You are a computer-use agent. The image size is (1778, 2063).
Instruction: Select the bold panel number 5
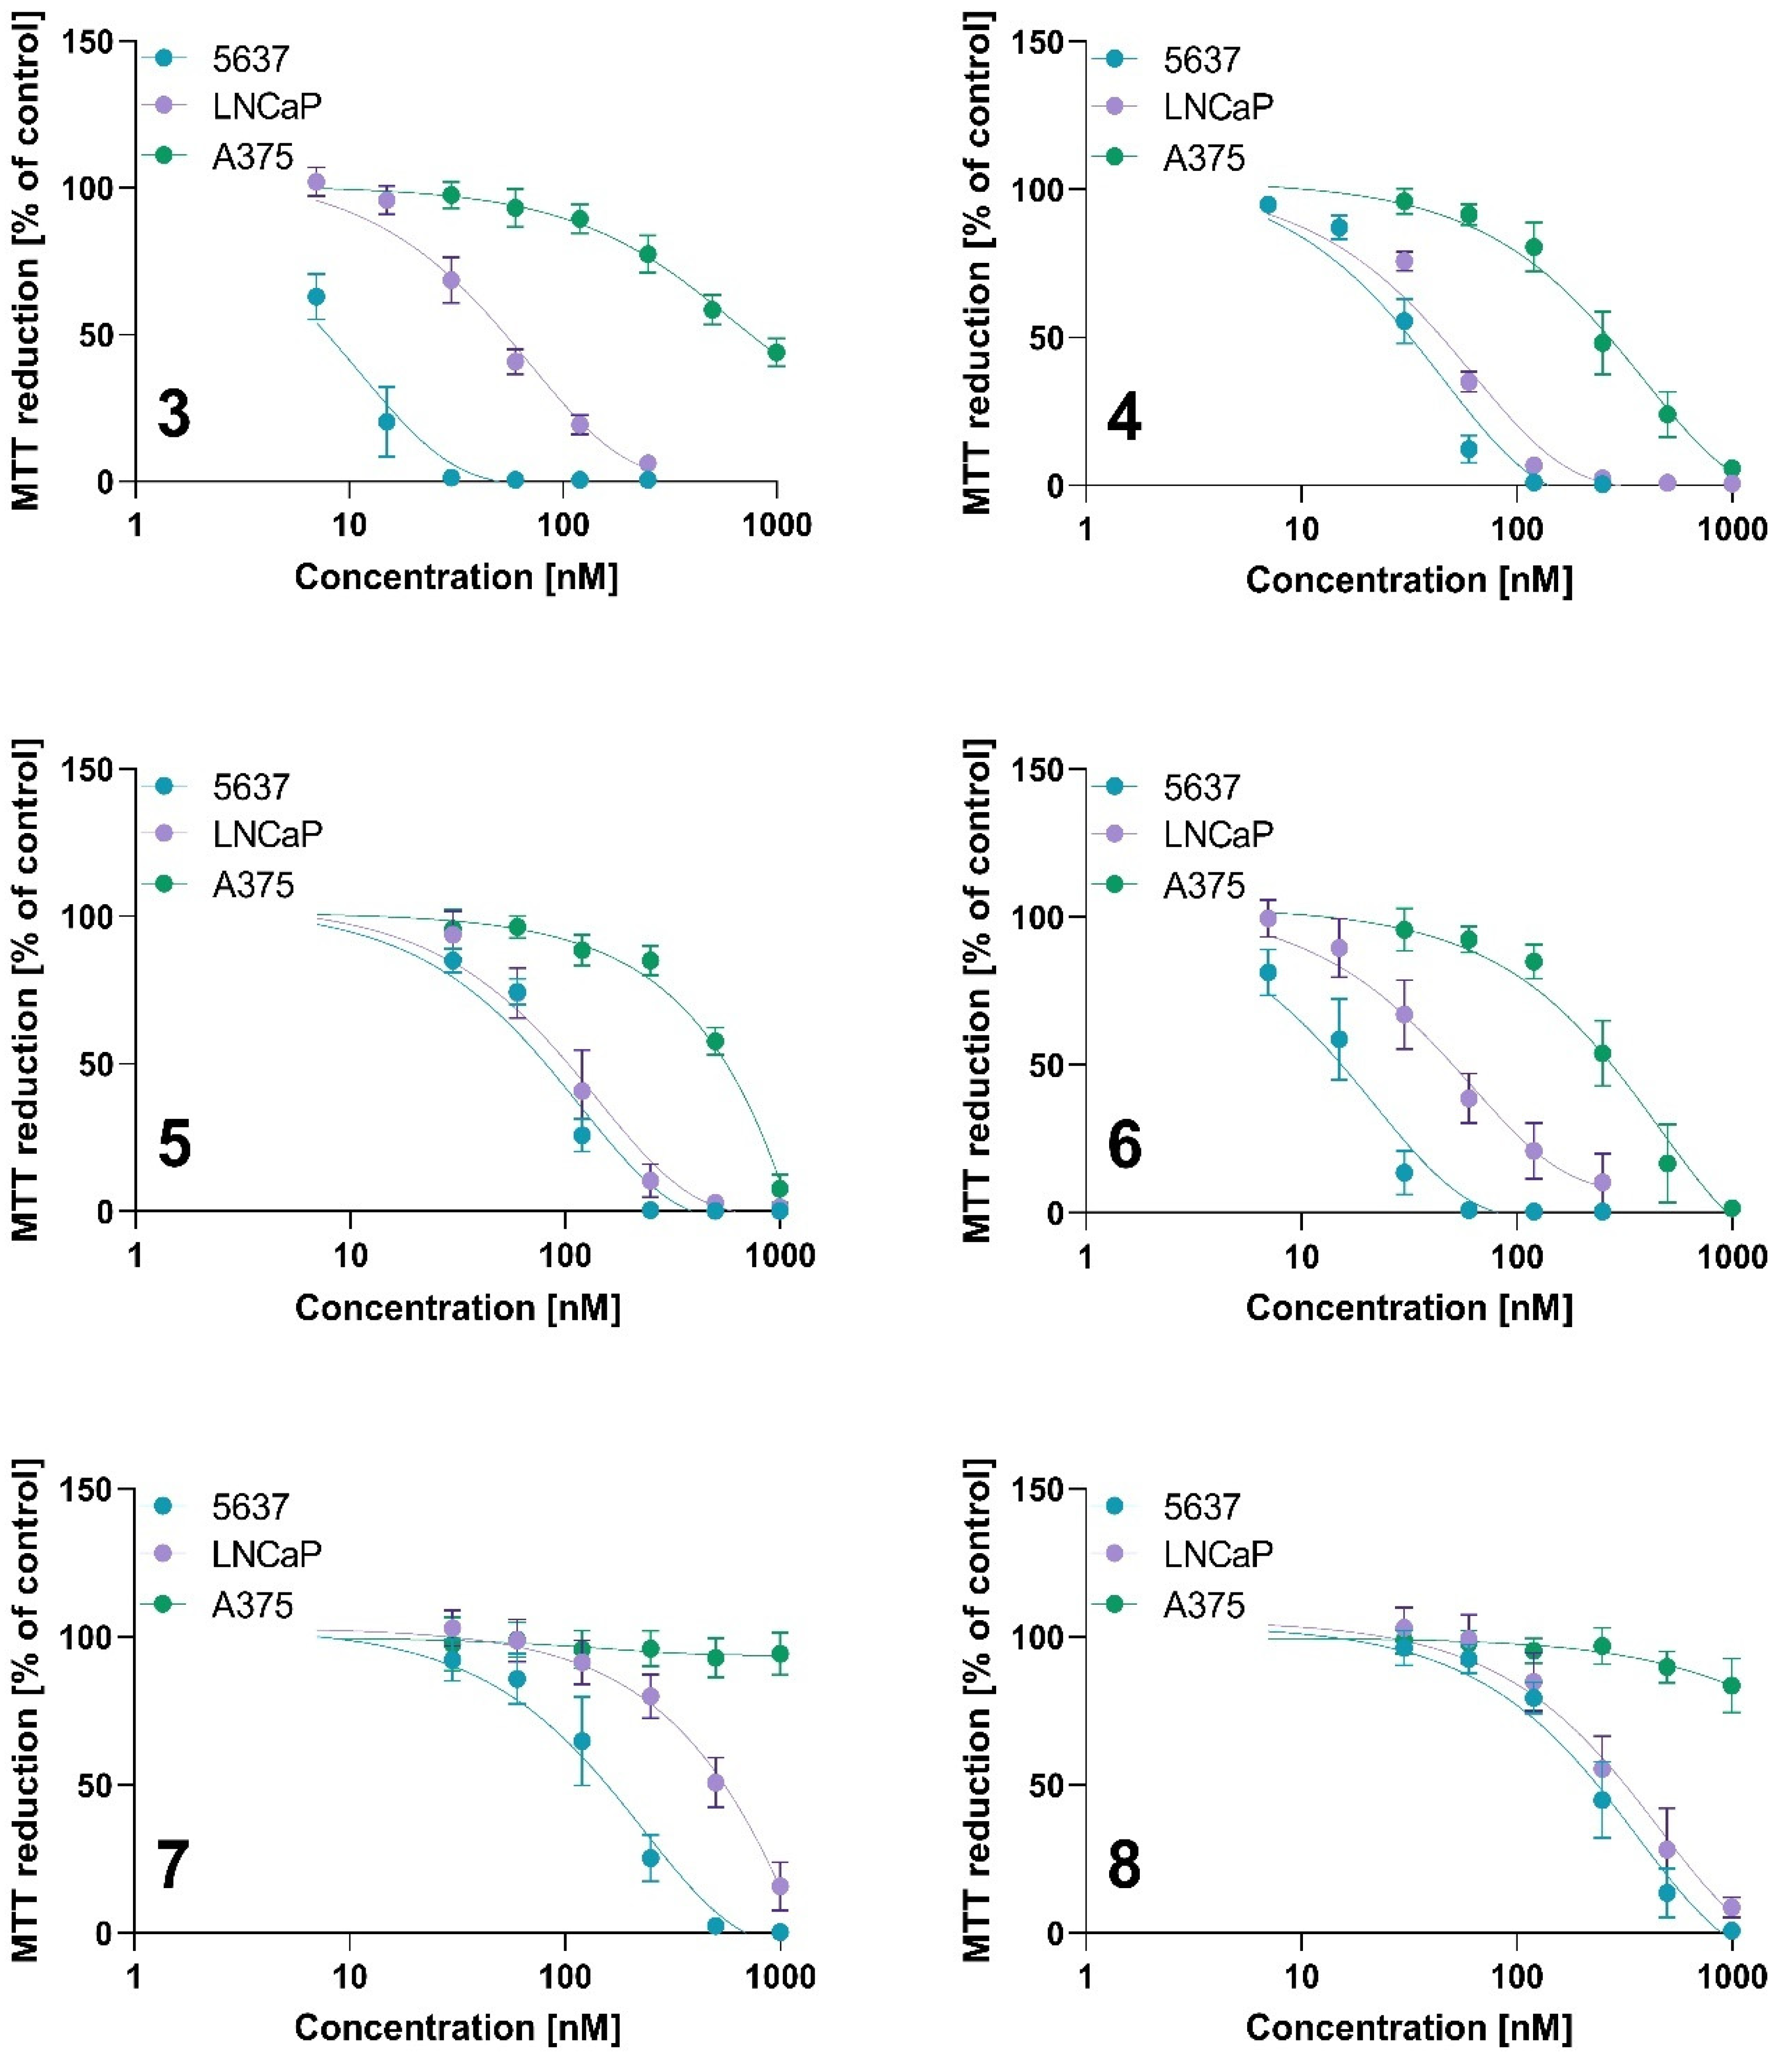tap(174, 1143)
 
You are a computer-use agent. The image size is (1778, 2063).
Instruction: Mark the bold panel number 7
tap(172, 1864)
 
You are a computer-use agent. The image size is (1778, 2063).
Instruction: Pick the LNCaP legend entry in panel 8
tap(1218, 1553)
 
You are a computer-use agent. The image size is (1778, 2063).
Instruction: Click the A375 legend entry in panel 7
tap(253, 1605)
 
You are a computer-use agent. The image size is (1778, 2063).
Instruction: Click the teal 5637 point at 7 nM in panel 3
tap(316, 297)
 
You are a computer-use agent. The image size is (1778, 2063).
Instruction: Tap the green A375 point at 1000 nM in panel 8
tap(1732, 1686)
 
